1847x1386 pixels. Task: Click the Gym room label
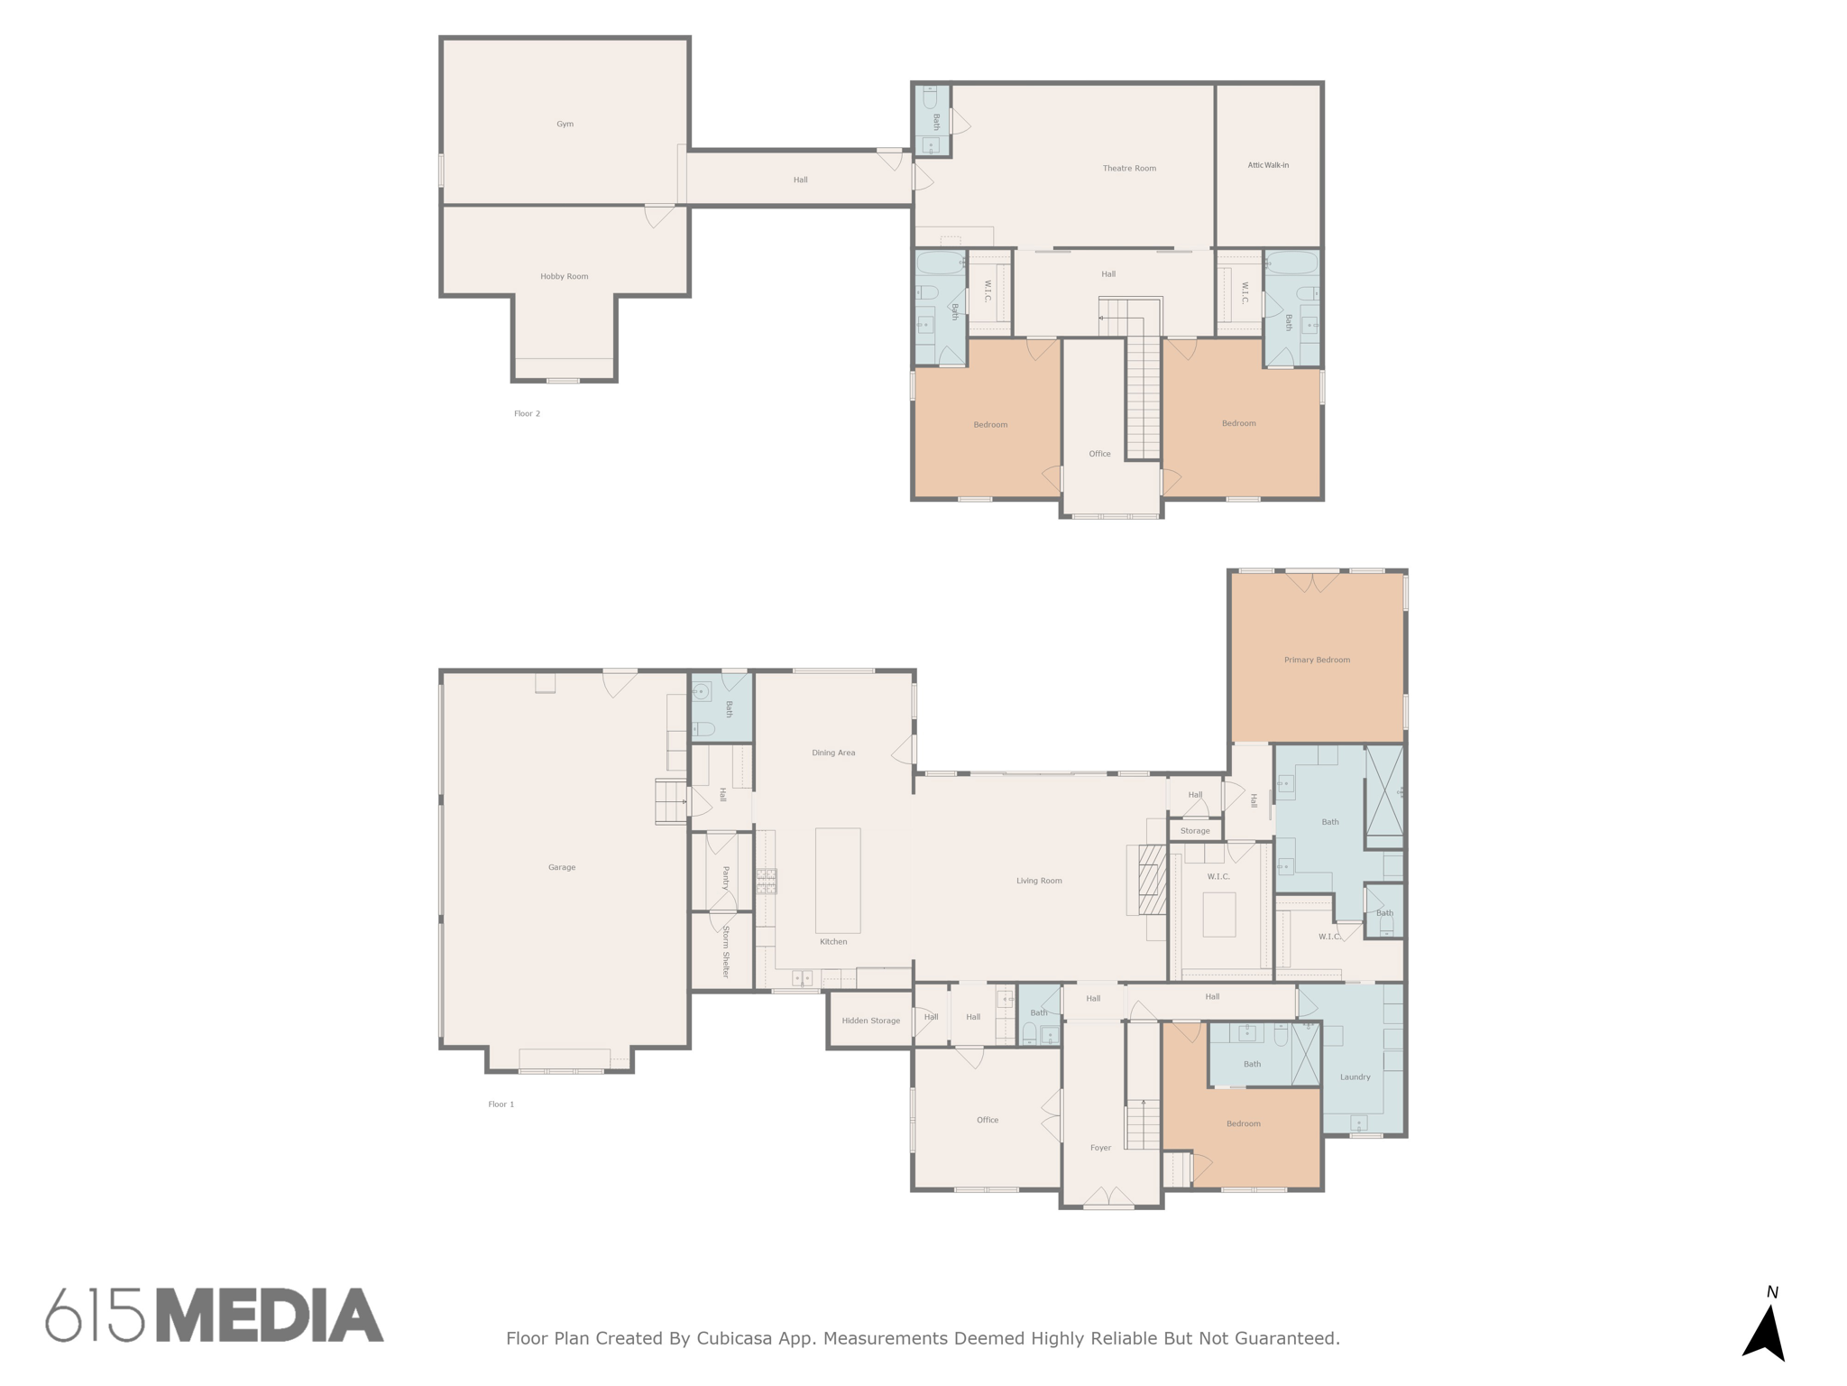tap(565, 125)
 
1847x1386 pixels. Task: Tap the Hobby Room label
tap(565, 277)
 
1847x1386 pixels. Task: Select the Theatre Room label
tap(1129, 169)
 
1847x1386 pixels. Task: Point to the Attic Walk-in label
tap(1268, 165)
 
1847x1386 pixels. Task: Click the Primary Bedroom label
tap(1317, 661)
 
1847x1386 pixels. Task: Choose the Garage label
tap(562, 868)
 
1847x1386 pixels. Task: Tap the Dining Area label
tap(833, 753)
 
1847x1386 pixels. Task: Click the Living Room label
tap(1039, 882)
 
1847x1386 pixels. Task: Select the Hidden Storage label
tap(870, 1021)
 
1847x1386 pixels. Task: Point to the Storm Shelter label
tap(725, 952)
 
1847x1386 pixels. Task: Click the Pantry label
tap(725, 878)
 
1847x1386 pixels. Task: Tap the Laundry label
tap(1355, 1077)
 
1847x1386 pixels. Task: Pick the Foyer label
tap(1100, 1149)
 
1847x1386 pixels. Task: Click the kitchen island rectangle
tap(838, 881)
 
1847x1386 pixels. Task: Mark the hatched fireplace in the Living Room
tap(1152, 881)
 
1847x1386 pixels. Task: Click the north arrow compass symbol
tap(1765, 1330)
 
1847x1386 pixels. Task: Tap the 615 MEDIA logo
tap(215, 1317)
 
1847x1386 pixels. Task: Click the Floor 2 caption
tap(527, 414)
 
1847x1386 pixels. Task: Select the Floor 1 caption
tap(501, 1104)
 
